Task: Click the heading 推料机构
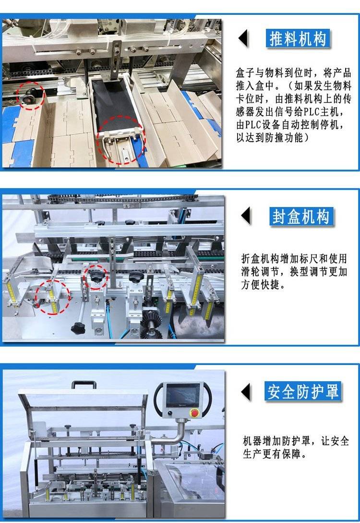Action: tap(298, 39)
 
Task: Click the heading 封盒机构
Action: tap(300, 217)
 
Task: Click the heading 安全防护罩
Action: tap(303, 391)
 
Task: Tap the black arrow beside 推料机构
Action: tap(243, 38)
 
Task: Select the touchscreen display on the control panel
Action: tap(183, 396)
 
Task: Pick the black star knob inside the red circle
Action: tap(96, 276)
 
